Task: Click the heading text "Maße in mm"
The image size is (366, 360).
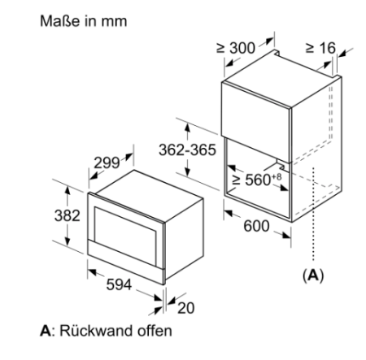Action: click(83, 21)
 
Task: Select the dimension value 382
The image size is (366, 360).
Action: click(68, 216)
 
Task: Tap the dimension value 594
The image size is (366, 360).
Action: click(119, 284)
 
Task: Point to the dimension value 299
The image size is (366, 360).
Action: click(107, 163)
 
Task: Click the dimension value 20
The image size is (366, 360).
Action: click(186, 308)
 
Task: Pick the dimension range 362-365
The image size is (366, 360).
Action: click(187, 150)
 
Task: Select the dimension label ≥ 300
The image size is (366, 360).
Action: click(236, 48)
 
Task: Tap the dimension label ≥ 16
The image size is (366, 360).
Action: click(320, 48)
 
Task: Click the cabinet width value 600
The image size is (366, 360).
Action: click(256, 226)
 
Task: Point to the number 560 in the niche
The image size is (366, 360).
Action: click(258, 180)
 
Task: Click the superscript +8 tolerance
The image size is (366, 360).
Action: click(277, 176)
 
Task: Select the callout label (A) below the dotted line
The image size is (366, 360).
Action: click(313, 275)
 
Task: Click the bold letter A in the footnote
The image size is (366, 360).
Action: click(46, 331)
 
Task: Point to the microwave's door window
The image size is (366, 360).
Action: click(125, 236)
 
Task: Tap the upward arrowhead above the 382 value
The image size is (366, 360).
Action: click(68, 190)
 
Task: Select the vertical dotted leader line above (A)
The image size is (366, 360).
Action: click(313, 215)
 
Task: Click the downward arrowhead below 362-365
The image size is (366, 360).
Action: click(188, 171)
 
